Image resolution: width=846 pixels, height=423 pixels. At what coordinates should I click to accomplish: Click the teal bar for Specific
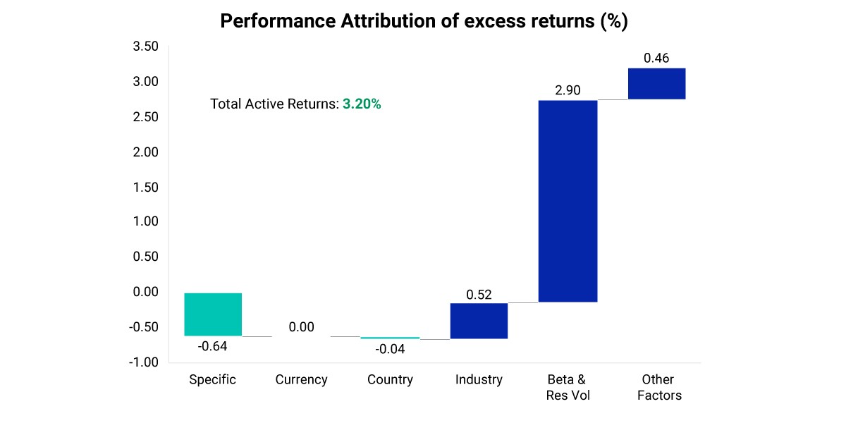(x=213, y=314)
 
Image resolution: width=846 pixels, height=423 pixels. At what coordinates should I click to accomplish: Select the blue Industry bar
(x=479, y=321)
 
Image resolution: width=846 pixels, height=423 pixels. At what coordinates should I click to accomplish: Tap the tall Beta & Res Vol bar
(x=568, y=201)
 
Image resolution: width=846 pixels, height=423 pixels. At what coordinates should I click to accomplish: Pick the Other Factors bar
(x=657, y=83)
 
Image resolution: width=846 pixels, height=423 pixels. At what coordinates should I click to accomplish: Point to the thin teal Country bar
(x=390, y=338)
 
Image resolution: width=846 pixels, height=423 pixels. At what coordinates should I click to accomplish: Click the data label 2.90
(x=568, y=90)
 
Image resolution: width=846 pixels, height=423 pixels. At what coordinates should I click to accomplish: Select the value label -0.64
(x=213, y=346)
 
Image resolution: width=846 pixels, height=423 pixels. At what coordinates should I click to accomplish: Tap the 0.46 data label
(x=656, y=58)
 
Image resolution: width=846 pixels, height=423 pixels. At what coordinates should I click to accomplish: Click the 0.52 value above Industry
(x=479, y=295)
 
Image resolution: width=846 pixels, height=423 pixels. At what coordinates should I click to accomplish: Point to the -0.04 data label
(x=390, y=349)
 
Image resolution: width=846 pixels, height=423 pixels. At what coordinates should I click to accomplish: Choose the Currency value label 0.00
(x=302, y=327)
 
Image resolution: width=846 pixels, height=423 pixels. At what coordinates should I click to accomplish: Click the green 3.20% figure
(x=362, y=104)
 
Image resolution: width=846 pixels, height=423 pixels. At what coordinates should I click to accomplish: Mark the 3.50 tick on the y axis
(x=145, y=46)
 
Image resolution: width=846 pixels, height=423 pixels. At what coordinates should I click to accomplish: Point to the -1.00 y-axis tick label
(x=144, y=362)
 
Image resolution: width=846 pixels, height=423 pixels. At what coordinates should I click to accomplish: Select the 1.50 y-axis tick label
(x=145, y=188)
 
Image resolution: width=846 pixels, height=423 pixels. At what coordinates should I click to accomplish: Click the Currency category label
(x=302, y=379)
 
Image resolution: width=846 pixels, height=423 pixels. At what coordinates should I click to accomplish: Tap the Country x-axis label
(x=390, y=379)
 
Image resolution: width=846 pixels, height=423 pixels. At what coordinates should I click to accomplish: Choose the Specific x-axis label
(x=213, y=379)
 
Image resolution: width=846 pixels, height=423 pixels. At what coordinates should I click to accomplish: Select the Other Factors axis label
(x=659, y=388)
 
